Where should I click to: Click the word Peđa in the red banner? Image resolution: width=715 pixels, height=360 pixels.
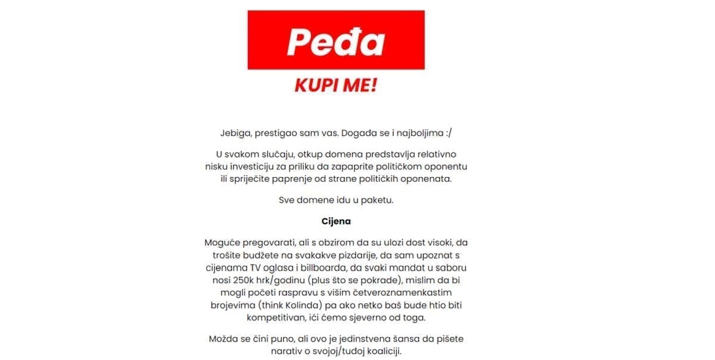(335, 41)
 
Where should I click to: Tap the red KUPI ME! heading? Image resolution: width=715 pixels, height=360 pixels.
(335, 85)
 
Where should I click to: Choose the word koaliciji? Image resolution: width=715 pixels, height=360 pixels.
(381, 351)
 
